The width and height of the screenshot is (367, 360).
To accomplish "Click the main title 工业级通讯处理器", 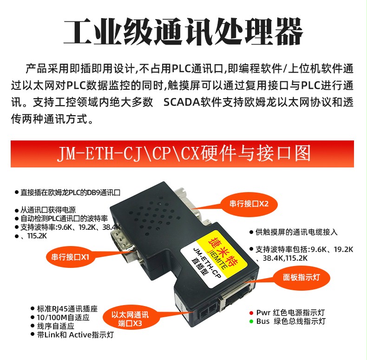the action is pyautogui.click(x=183, y=32).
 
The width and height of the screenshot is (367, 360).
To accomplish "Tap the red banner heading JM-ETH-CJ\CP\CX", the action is pyautogui.click(x=129, y=154).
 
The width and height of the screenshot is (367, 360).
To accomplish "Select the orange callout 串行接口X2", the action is pyautogui.click(x=249, y=204).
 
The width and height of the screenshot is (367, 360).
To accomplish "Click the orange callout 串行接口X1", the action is pyautogui.click(x=70, y=257).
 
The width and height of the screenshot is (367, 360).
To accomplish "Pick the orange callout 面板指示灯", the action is pyautogui.click(x=301, y=278).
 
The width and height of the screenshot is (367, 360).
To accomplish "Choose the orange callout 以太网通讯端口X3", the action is pyautogui.click(x=130, y=319).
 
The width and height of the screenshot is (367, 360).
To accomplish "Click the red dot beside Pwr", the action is pyautogui.click(x=251, y=313).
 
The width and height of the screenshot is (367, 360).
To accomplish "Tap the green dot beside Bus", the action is pyautogui.click(x=251, y=321).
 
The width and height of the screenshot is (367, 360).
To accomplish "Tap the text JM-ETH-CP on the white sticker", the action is pyautogui.click(x=207, y=263).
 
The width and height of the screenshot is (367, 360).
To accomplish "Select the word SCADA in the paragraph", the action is pyautogui.click(x=180, y=102).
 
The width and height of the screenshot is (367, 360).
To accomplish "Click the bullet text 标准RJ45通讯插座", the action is pyautogui.click(x=67, y=309).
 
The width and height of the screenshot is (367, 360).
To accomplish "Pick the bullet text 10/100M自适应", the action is pyautogui.click(x=63, y=317).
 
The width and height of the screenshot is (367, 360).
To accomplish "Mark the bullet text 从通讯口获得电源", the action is pyautogui.click(x=48, y=210).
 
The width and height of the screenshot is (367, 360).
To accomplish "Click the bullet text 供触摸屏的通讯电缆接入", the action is pyautogui.click(x=296, y=232).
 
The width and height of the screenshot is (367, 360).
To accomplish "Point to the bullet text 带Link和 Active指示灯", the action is pyautogui.click(x=75, y=335).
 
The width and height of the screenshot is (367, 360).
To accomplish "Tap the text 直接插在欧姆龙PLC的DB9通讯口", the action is pyautogui.click(x=71, y=193).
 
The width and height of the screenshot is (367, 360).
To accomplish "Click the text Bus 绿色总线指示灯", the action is pyautogui.click(x=291, y=321).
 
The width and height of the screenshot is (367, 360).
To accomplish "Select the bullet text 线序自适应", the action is pyautogui.click(x=55, y=326).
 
